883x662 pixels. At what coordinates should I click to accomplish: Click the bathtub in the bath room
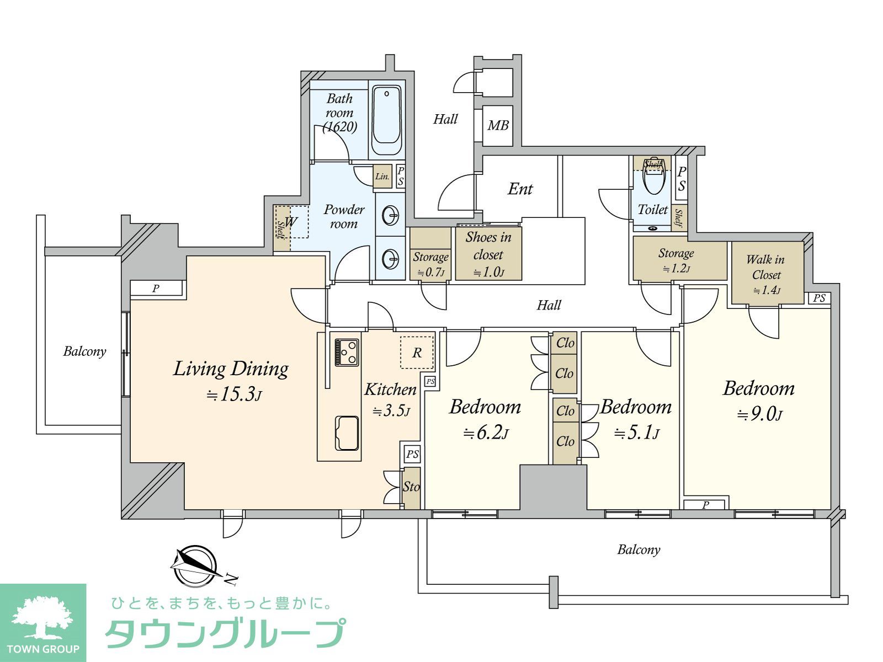[386, 121]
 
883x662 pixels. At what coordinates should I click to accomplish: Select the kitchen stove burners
[347, 352]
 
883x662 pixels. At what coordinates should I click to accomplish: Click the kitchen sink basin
[347, 433]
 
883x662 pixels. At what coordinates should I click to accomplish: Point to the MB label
[498, 126]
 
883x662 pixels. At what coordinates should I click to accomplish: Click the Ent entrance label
[520, 189]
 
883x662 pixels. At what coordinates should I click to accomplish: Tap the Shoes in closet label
[488, 245]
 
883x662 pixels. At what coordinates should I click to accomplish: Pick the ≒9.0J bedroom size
[759, 414]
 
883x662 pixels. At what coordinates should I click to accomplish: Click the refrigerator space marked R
[417, 353]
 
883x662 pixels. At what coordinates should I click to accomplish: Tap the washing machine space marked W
[291, 221]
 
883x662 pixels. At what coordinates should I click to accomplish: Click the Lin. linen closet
[382, 177]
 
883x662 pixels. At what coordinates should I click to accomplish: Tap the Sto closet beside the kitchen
[412, 488]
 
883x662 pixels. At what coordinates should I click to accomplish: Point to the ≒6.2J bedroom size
[486, 433]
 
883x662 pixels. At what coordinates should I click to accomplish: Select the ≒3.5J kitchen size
[391, 412]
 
